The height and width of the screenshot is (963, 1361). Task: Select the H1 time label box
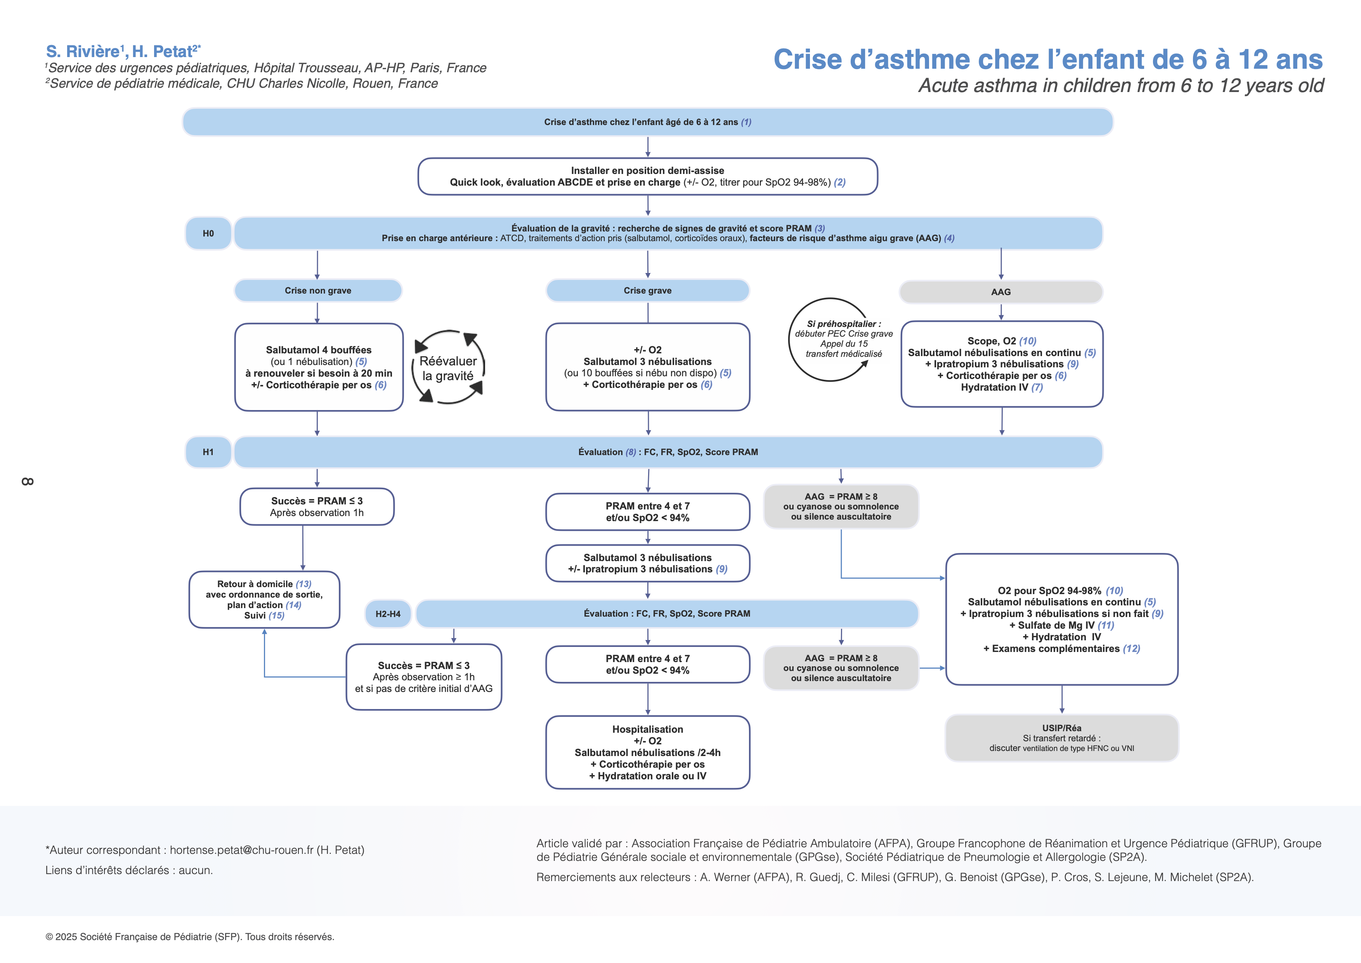[x=208, y=452]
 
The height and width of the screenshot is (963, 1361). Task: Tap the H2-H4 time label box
[x=388, y=614]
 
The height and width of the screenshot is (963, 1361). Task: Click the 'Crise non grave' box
[x=318, y=290]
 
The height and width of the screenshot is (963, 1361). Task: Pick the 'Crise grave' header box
[x=647, y=290]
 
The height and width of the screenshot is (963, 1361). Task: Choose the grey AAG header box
[x=1000, y=292]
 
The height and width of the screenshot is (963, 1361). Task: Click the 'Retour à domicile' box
[x=264, y=600]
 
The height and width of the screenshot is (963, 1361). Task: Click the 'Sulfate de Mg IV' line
[x=1061, y=625]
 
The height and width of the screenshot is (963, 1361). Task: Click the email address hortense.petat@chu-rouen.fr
[x=241, y=850]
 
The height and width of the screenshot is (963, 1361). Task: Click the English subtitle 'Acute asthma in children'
[x=1120, y=86]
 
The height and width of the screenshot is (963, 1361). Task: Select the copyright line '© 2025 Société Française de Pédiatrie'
[x=190, y=936]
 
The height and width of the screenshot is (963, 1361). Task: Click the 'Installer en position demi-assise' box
[x=647, y=176]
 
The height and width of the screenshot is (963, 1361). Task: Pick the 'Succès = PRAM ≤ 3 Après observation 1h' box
[x=317, y=506]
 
